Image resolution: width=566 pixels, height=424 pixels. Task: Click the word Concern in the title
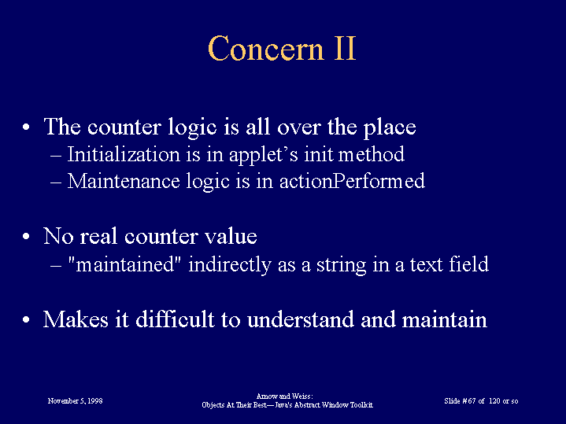[265, 48]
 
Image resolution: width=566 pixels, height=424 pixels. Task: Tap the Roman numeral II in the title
[346, 48]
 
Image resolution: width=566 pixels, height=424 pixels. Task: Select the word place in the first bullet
[390, 127]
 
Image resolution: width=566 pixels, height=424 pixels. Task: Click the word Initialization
[124, 154]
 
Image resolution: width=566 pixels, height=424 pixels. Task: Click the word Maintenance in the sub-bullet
[124, 181]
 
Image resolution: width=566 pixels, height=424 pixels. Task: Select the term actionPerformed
[352, 181]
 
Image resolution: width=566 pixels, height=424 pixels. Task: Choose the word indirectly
[230, 265]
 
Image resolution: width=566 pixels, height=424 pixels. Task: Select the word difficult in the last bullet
[175, 319]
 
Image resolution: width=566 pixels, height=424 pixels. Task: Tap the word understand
[301, 319]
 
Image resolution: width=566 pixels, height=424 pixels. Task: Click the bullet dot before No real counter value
[26, 237]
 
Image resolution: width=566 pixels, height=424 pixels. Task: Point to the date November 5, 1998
[75, 401]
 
